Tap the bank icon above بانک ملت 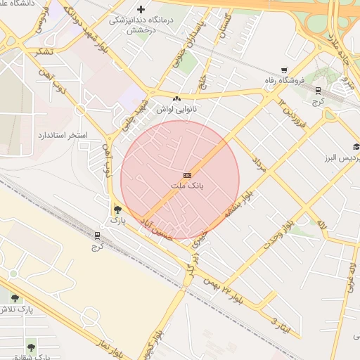point(187,175)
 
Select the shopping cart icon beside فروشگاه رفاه point(284,70)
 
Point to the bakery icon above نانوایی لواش point(176,98)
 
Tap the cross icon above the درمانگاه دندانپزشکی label point(141,9)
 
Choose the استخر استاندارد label point(64,134)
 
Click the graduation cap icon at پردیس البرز point(356,146)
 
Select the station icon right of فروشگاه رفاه point(318,90)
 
